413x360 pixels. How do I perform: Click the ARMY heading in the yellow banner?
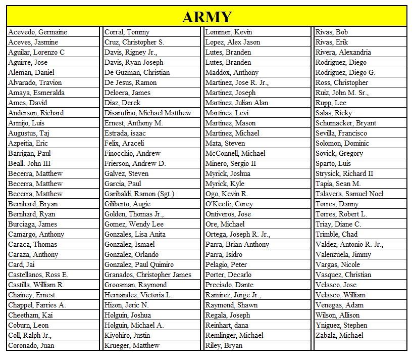pyautogui.click(x=206, y=17)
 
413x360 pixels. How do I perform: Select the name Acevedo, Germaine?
pyautogui.click(x=37, y=32)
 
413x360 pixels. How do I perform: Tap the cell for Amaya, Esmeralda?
pyautogui.click(x=37, y=93)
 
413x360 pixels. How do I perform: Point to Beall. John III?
pyautogui.click(x=29, y=163)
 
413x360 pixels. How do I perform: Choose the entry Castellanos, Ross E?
pyautogui.click(x=38, y=275)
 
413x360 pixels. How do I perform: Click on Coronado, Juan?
pyautogui.click(x=31, y=345)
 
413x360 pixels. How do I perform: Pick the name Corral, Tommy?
pyautogui.click(x=127, y=32)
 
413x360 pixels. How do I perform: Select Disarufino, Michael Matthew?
pyautogui.click(x=148, y=113)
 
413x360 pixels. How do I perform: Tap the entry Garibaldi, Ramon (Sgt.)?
pyautogui.click(x=140, y=194)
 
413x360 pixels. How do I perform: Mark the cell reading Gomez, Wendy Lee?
pyautogui.click(x=134, y=224)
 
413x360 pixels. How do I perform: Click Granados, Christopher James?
pyautogui.click(x=148, y=275)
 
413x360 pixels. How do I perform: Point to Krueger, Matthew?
pyautogui.click(x=132, y=345)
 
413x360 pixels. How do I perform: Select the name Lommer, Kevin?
pyautogui.click(x=229, y=32)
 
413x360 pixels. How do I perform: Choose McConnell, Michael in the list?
pyautogui.click(x=235, y=153)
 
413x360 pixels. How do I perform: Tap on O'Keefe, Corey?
pyautogui.click(x=229, y=204)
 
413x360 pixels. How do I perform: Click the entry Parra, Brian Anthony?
pyautogui.click(x=237, y=244)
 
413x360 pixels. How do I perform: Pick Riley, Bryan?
pyautogui.click(x=224, y=345)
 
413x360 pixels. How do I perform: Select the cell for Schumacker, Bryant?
pyautogui.click(x=346, y=123)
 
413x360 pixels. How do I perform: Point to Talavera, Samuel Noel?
pyautogui.click(x=349, y=194)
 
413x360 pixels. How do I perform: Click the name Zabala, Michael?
pyautogui.click(x=339, y=335)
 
